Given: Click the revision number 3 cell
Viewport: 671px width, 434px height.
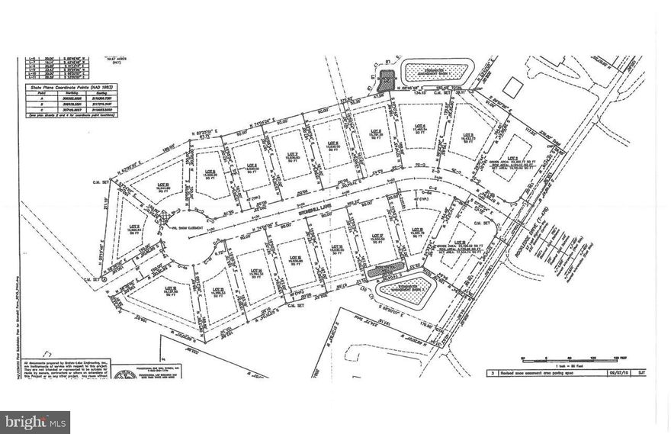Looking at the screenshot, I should tap(494, 372).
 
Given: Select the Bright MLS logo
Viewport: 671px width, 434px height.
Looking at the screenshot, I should tap(35, 422).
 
